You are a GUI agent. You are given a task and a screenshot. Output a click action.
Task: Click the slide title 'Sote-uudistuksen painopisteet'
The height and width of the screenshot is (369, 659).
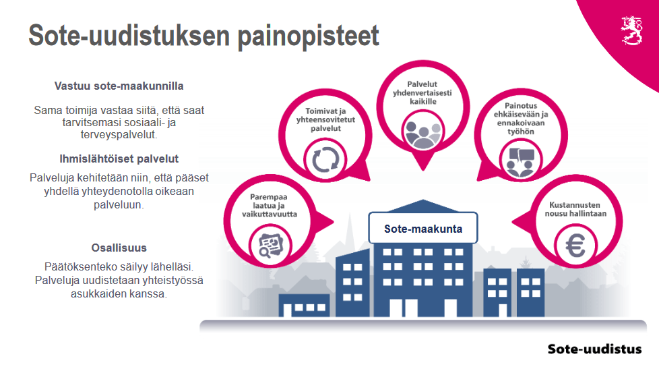[204, 36]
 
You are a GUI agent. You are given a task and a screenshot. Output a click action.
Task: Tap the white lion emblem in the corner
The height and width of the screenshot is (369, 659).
[631, 30]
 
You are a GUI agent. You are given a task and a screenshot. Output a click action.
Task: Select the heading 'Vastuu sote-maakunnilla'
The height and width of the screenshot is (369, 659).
[119, 86]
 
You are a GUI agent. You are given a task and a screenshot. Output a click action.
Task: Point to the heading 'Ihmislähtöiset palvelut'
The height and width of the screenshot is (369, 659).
[119, 159]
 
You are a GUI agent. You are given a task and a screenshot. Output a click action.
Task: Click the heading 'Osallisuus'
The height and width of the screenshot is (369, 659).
[119, 248]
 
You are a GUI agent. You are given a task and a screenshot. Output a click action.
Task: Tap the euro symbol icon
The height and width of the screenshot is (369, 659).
[575, 246]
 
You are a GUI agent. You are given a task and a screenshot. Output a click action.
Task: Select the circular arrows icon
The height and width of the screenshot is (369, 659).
[325, 160]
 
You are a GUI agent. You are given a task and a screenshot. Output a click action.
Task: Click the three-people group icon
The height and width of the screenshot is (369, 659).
[422, 134]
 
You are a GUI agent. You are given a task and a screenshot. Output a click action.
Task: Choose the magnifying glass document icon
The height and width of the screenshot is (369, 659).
[270, 246]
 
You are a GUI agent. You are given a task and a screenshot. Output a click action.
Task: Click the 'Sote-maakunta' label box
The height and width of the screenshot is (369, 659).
[422, 228]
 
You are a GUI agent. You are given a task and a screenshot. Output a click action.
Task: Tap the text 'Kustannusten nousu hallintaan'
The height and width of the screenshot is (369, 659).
[575, 210]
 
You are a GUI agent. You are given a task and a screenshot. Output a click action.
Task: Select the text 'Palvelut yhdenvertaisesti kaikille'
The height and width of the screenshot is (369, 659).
[422, 93]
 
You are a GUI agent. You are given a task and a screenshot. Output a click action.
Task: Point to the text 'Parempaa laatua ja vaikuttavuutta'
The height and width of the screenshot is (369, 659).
[270, 205]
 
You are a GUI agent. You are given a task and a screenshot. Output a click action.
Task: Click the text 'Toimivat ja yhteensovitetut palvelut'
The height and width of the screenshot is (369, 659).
[325, 119]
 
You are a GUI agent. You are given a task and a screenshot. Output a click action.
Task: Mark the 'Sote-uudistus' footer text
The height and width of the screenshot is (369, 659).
[595, 349]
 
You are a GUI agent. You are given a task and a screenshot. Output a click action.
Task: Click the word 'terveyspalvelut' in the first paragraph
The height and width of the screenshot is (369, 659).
[118, 135]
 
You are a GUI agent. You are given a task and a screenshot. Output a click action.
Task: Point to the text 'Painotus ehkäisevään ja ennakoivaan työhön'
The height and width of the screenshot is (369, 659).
[521, 119]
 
